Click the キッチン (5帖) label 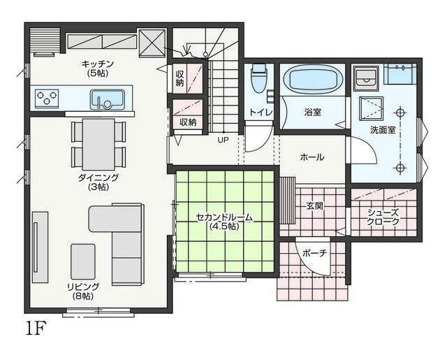tap(98, 69)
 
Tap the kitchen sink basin tap(108, 100)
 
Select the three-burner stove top tap(47, 99)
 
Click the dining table tap(98, 144)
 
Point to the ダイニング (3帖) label tap(98, 182)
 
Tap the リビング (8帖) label tap(83, 291)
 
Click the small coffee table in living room tap(83, 261)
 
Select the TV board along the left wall tap(40, 247)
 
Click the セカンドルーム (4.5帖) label tap(224, 222)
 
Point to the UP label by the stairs tap(223, 140)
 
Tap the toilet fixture tap(259, 78)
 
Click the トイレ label tap(261, 112)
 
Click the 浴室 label tap(313, 112)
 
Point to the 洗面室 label tap(383, 130)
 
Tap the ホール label tap(312, 157)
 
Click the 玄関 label tap(315, 206)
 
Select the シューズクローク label tap(383, 217)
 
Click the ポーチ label tap(314, 253)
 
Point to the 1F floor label tap(36, 329)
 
